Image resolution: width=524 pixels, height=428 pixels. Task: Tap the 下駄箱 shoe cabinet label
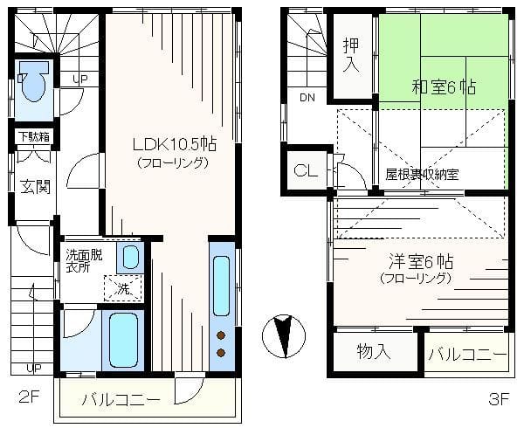click(x=34, y=136)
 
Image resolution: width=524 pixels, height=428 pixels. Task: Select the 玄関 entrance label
click(x=36, y=186)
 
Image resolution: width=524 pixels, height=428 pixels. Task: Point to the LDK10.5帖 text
click(x=175, y=145)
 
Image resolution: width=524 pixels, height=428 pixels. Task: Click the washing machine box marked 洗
click(x=123, y=288)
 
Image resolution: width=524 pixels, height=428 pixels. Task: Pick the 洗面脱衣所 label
click(x=84, y=261)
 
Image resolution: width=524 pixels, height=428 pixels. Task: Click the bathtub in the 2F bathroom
click(x=123, y=341)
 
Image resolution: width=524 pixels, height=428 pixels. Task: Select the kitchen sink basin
click(x=221, y=286)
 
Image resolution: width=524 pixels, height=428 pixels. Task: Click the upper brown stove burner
click(x=221, y=335)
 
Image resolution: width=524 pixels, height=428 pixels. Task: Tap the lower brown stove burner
click(x=221, y=352)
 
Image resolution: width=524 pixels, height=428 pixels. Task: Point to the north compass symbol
click(x=284, y=335)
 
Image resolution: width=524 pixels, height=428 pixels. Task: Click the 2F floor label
click(x=30, y=398)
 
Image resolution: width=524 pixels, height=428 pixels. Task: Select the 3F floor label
click(x=499, y=399)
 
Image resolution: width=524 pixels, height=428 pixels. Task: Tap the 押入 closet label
click(x=352, y=55)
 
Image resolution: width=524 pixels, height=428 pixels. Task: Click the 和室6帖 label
click(x=445, y=86)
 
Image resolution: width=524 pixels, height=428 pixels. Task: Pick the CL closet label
click(x=306, y=171)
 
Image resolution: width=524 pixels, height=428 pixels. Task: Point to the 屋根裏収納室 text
click(x=422, y=174)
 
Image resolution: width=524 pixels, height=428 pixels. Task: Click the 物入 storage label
click(x=374, y=352)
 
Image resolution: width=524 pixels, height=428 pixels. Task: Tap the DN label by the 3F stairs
click(x=307, y=98)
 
